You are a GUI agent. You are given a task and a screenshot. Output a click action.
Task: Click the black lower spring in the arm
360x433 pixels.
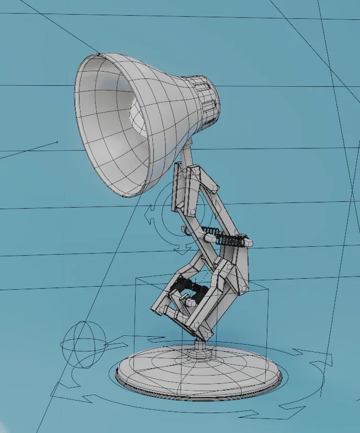click(x=189, y=288)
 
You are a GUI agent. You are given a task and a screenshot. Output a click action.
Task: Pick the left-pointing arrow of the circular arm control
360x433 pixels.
click(x=149, y=215)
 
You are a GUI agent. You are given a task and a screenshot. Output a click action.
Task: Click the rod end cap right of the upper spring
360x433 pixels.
click(x=250, y=243)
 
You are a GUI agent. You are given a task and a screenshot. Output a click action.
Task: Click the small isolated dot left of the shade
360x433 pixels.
click(x=57, y=142)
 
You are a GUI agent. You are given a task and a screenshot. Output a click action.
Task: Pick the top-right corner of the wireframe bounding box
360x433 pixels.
click(x=267, y=288)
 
